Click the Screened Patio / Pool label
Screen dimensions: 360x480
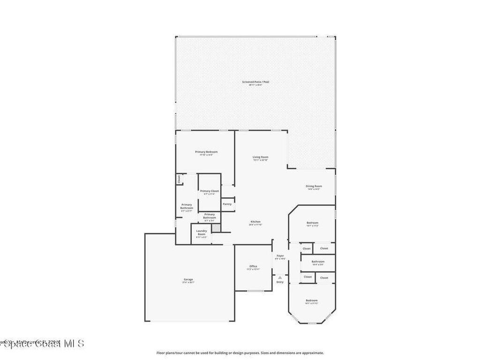(255, 82)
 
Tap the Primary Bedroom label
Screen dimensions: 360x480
(206, 152)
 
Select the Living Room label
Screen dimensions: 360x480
(261, 157)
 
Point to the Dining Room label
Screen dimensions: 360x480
(314, 186)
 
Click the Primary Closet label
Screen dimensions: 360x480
(209, 191)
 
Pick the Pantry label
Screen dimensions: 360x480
(227, 204)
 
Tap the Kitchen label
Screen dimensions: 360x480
(255, 222)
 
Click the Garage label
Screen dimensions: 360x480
(188, 279)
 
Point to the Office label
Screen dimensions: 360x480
(253, 266)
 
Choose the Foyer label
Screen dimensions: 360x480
(280, 255)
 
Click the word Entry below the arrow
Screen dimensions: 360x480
(280, 282)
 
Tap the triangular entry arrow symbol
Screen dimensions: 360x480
(280, 277)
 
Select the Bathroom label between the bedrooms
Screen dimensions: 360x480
(318, 262)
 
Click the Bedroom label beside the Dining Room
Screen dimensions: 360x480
(313, 223)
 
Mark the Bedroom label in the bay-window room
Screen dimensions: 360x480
(312, 300)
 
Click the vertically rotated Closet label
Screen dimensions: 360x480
(179, 179)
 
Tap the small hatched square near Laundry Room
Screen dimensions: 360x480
(216, 228)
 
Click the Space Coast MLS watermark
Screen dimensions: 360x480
(42, 344)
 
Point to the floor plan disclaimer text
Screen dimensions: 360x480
(240, 353)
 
